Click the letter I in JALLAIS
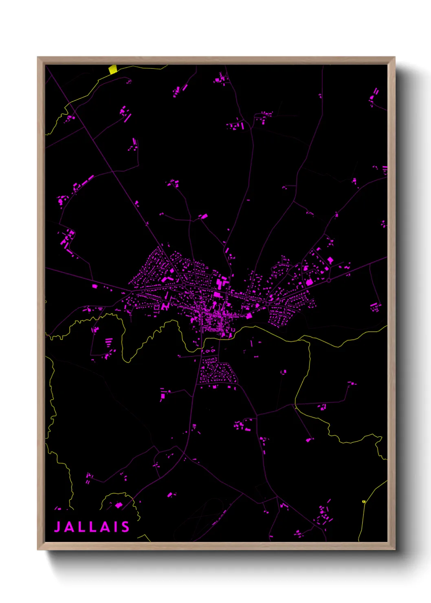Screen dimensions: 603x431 pos(115,527)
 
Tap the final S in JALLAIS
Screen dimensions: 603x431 pos(125,527)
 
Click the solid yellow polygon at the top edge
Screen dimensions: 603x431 pos(113,69)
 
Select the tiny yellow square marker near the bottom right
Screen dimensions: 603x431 pos(364,502)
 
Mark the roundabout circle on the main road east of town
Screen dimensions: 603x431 pos(329,280)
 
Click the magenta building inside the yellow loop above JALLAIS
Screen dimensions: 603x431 pos(119,505)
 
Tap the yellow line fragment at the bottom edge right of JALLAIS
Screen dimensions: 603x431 pos(145,538)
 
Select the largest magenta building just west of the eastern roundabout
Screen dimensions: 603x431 pos(309,282)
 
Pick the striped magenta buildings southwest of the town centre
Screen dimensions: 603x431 pos(109,342)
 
